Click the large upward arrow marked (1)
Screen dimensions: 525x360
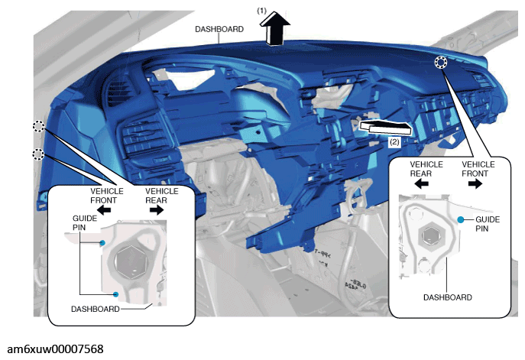tap(274, 28)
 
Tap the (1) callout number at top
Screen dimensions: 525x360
tap(261, 11)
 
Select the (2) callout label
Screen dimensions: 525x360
tap(394, 142)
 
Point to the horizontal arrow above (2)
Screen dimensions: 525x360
tap(385, 128)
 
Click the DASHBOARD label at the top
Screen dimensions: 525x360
tap(219, 29)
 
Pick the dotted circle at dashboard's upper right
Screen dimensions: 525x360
tap(441, 62)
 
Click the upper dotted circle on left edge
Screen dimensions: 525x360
tap(38, 127)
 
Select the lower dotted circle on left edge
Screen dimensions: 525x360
tap(38, 154)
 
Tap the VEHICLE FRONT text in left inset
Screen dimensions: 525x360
tap(106, 196)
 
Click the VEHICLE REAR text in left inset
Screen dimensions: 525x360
tap(162, 196)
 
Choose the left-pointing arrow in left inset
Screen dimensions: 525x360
tap(104, 210)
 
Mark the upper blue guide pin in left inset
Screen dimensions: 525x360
tap(102, 243)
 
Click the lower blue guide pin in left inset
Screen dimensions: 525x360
tap(115, 294)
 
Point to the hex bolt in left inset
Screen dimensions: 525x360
tap(131, 261)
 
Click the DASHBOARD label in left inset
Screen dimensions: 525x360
tap(95, 309)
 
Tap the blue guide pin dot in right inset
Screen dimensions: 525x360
tap(461, 219)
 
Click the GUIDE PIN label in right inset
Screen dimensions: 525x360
tap(488, 224)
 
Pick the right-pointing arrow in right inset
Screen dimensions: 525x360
tap(475, 184)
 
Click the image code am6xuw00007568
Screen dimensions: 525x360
tap(55, 349)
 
